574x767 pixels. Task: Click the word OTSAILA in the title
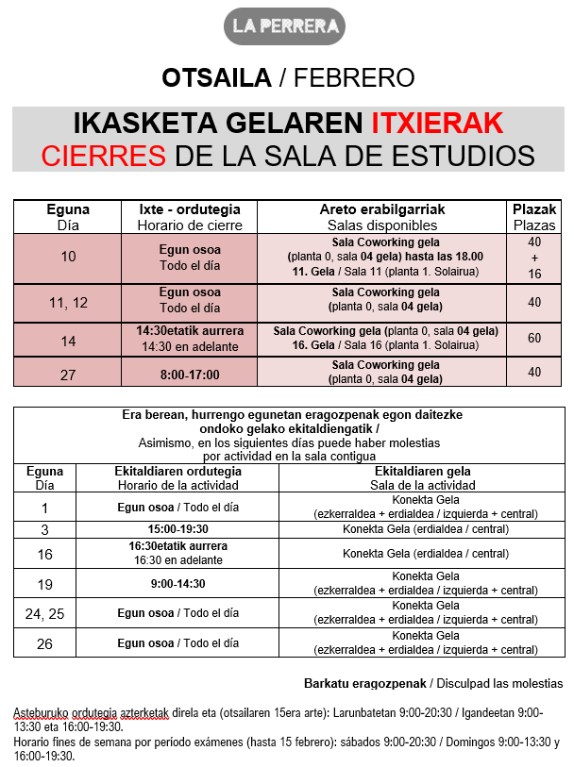216,77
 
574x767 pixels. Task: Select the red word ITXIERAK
436,124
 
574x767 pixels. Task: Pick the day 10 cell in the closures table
68,257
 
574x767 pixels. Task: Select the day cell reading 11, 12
68,302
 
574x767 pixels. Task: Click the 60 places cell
534,338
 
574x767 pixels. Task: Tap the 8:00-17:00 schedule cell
190,375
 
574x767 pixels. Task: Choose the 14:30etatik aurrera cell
190,331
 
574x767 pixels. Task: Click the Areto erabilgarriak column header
382,209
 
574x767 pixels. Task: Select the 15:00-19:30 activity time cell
177,529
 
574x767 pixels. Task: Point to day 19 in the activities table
44,585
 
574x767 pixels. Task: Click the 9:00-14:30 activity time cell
177,584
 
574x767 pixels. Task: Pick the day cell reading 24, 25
44,613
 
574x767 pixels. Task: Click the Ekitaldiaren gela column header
422,471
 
